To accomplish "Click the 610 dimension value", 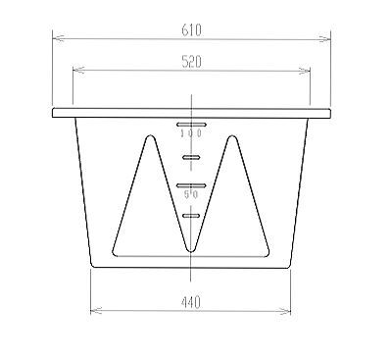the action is [191, 30].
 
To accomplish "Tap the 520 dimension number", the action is [191, 62].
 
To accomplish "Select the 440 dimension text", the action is [190, 303].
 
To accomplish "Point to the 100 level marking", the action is [191, 133].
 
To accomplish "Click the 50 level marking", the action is [191, 195].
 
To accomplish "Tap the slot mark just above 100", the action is [191, 125].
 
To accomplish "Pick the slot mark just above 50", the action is [191, 185].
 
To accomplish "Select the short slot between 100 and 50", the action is [191, 158].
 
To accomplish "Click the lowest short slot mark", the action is [191, 215].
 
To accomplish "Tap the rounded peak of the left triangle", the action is [150, 135].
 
